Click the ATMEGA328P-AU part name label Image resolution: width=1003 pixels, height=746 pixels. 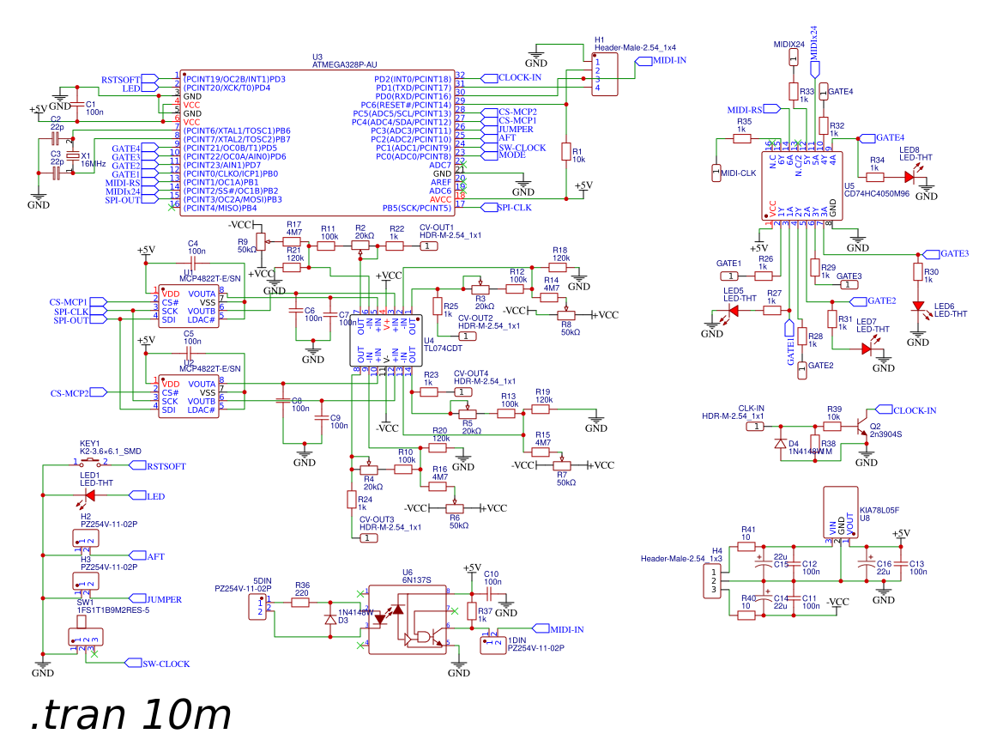point(344,64)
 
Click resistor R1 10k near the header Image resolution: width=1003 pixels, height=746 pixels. point(565,152)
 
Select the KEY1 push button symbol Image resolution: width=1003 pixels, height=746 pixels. point(89,464)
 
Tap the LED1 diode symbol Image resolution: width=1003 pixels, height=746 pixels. point(89,495)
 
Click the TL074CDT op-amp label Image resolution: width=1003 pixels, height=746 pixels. point(443,349)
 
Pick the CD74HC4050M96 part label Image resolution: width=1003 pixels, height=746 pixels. point(876,194)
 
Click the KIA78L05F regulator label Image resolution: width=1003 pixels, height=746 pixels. point(879,509)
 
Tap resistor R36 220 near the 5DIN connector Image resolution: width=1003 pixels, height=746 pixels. point(301,603)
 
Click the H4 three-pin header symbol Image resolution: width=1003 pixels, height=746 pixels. point(711,581)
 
